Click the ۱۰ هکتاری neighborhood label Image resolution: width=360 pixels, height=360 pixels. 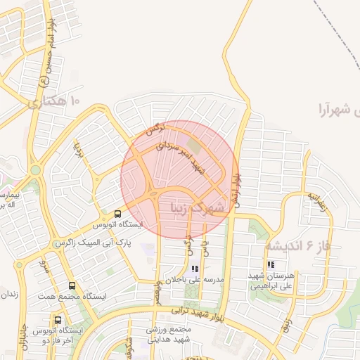click(55, 103)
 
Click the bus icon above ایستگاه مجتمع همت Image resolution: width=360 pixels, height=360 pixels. click(72, 286)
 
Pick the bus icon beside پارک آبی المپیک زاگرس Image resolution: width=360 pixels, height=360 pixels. click(117, 214)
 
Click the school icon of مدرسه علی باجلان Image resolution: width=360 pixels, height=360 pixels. click(195, 269)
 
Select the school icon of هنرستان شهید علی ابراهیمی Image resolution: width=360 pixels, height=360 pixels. click(271, 265)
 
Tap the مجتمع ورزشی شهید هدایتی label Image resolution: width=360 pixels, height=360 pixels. click(169, 334)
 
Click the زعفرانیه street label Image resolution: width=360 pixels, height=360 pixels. click(316, 202)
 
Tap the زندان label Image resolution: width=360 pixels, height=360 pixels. click(11, 293)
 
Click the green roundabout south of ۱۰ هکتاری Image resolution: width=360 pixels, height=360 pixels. click(35, 169)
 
